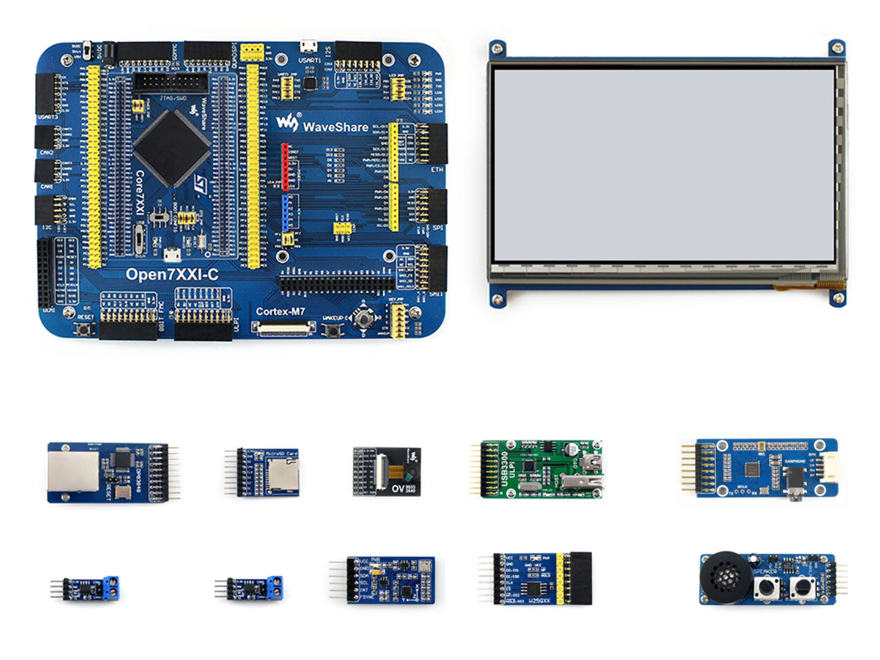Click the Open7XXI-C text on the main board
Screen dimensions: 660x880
(172, 274)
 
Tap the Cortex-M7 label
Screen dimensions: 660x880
(280, 311)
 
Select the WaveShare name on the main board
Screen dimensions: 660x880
(335, 127)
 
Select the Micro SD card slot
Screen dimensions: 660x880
(281, 474)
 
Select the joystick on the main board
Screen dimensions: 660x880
(365, 317)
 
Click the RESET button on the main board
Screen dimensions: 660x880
(85, 329)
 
